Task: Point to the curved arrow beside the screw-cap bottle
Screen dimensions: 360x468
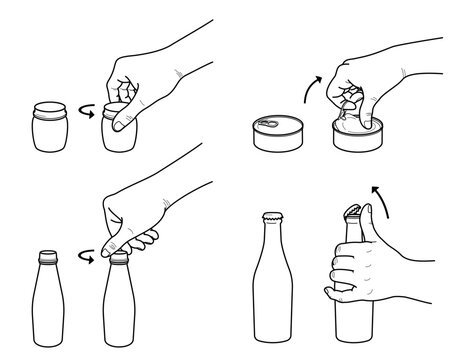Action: [87, 258]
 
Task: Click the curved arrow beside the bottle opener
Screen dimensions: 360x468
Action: [378, 197]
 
